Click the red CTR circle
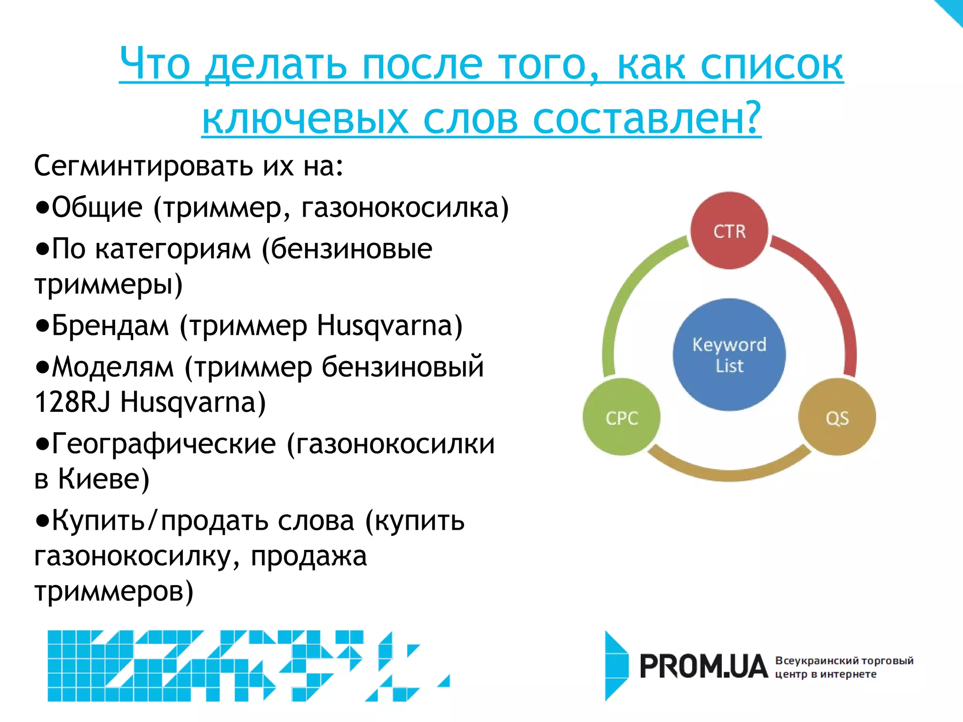click(x=729, y=230)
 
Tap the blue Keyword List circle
click(x=729, y=354)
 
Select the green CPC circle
click(x=622, y=417)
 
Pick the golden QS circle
click(x=837, y=417)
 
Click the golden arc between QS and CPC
click(x=729, y=475)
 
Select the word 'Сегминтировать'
click(x=143, y=166)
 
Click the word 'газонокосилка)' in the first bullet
click(x=405, y=207)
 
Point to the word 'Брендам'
click(x=110, y=325)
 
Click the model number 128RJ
click(x=72, y=402)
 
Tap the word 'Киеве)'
click(x=103, y=479)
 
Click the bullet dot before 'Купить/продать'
click(x=42, y=521)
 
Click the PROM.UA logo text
click(x=703, y=667)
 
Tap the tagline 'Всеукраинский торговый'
click(x=844, y=660)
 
